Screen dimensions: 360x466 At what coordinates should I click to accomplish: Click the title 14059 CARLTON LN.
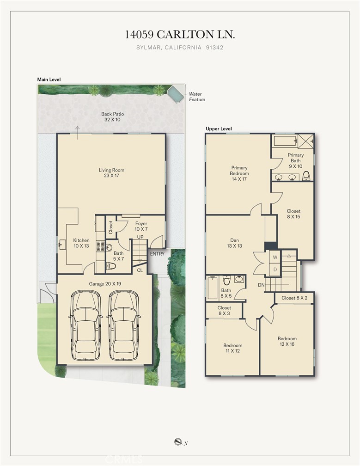click(x=180, y=35)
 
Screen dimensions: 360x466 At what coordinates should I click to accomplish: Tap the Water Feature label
click(x=197, y=97)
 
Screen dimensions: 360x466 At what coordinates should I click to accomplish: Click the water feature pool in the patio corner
click(x=175, y=94)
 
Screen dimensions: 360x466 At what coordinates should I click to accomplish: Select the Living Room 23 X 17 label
click(x=111, y=173)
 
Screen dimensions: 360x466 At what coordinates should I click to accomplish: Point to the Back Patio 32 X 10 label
click(x=112, y=116)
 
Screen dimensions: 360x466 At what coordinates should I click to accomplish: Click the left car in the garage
click(x=85, y=325)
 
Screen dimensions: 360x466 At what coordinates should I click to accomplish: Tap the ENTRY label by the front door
click(x=157, y=254)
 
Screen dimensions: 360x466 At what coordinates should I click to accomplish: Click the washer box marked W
click(x=275, y=258)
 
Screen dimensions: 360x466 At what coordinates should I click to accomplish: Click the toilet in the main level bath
click(x=111, y=266)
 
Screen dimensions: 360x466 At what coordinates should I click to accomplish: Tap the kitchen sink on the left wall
click(x=62, y=245)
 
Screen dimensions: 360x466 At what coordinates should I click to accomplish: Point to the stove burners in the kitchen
click(x=100, y=246)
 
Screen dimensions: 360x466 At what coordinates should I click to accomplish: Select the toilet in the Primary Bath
click(x=306, y=176)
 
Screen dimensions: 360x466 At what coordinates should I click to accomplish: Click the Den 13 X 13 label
click(x=234, y=243)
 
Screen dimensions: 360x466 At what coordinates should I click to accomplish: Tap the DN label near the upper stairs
click(x=261, y=285)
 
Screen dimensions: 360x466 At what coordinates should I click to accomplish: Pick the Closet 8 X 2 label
click(x=294, y=298)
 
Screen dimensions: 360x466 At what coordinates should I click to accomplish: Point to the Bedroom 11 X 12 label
click(x=232, y=348)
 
